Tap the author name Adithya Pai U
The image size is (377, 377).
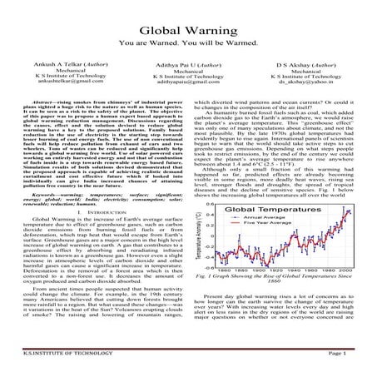(187, 64)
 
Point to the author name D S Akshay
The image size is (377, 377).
(312, 64)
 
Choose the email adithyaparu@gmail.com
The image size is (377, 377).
(187, 82)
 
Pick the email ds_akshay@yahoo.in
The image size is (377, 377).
(312, 82)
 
